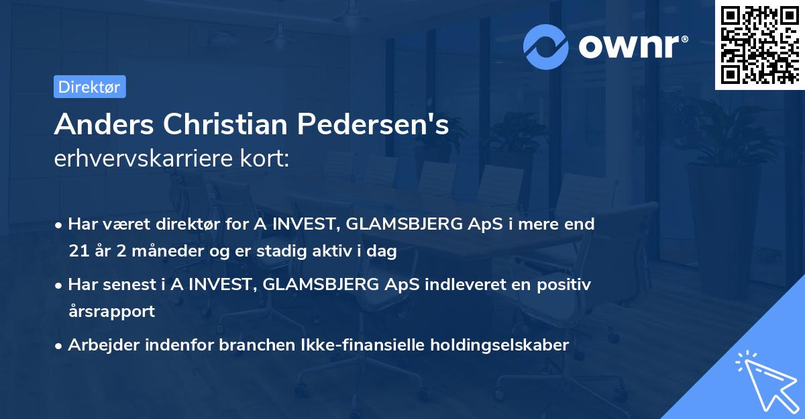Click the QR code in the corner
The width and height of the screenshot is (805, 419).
(759, 44)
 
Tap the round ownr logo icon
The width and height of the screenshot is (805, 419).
(546, 46)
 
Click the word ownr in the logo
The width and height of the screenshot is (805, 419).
(633, 47)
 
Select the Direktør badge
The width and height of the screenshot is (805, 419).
(90, 87)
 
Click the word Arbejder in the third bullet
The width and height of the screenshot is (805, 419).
(99, 344)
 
